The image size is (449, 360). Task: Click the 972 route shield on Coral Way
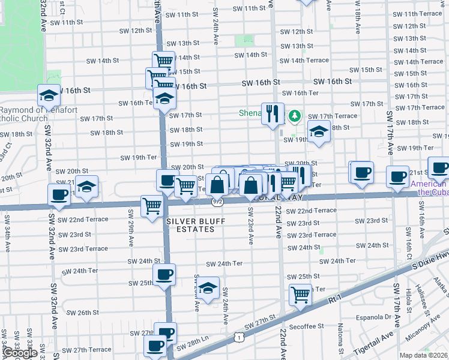coord(217,203)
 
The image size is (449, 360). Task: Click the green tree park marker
coord(294,115)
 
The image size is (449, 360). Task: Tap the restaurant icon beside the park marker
coord(273,112)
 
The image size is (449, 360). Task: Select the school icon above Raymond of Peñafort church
coord(49,95)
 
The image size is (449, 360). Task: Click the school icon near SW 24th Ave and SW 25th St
coord(208,288)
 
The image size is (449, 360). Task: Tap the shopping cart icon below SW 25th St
coord(300,294)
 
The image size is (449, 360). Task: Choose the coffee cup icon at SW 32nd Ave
coord(59,194)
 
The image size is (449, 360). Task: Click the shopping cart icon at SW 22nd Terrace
coord(152,206)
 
